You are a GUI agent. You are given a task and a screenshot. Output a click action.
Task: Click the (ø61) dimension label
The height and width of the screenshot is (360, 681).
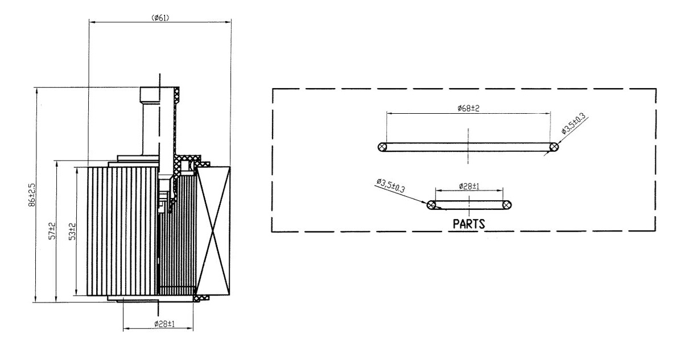[x=160, y=18]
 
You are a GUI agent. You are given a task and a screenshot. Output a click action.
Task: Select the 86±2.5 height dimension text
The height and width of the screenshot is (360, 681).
[x=31, y=195]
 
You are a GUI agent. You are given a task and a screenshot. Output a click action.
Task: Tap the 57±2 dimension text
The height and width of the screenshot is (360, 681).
[x=52, y=231]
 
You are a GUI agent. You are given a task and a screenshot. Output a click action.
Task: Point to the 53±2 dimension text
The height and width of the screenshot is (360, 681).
[x=72, y=231]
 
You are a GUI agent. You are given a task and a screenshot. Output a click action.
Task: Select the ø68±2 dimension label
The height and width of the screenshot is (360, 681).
[x=468, y=107]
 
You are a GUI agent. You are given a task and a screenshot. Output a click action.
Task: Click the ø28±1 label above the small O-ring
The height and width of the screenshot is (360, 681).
[x=469, y=186]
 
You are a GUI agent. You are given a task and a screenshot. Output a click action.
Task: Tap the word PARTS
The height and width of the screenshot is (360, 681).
[x=469, y=224]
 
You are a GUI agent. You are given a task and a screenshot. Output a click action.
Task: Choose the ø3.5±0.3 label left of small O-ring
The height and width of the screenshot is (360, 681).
[x=391, y=186]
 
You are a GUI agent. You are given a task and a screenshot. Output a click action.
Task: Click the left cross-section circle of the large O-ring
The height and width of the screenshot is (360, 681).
[x=382, y=147]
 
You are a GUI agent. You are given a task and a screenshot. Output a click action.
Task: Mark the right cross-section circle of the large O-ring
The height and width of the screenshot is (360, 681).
[x=554, y=147]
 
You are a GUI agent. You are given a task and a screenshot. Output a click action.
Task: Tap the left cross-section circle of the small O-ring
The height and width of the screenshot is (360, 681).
[x=431, y=205]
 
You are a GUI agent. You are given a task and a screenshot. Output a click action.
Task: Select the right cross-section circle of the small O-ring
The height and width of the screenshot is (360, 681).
[x=506, y=205]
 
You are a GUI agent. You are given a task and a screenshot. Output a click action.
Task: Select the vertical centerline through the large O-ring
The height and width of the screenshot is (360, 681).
[x=468, y=146]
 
